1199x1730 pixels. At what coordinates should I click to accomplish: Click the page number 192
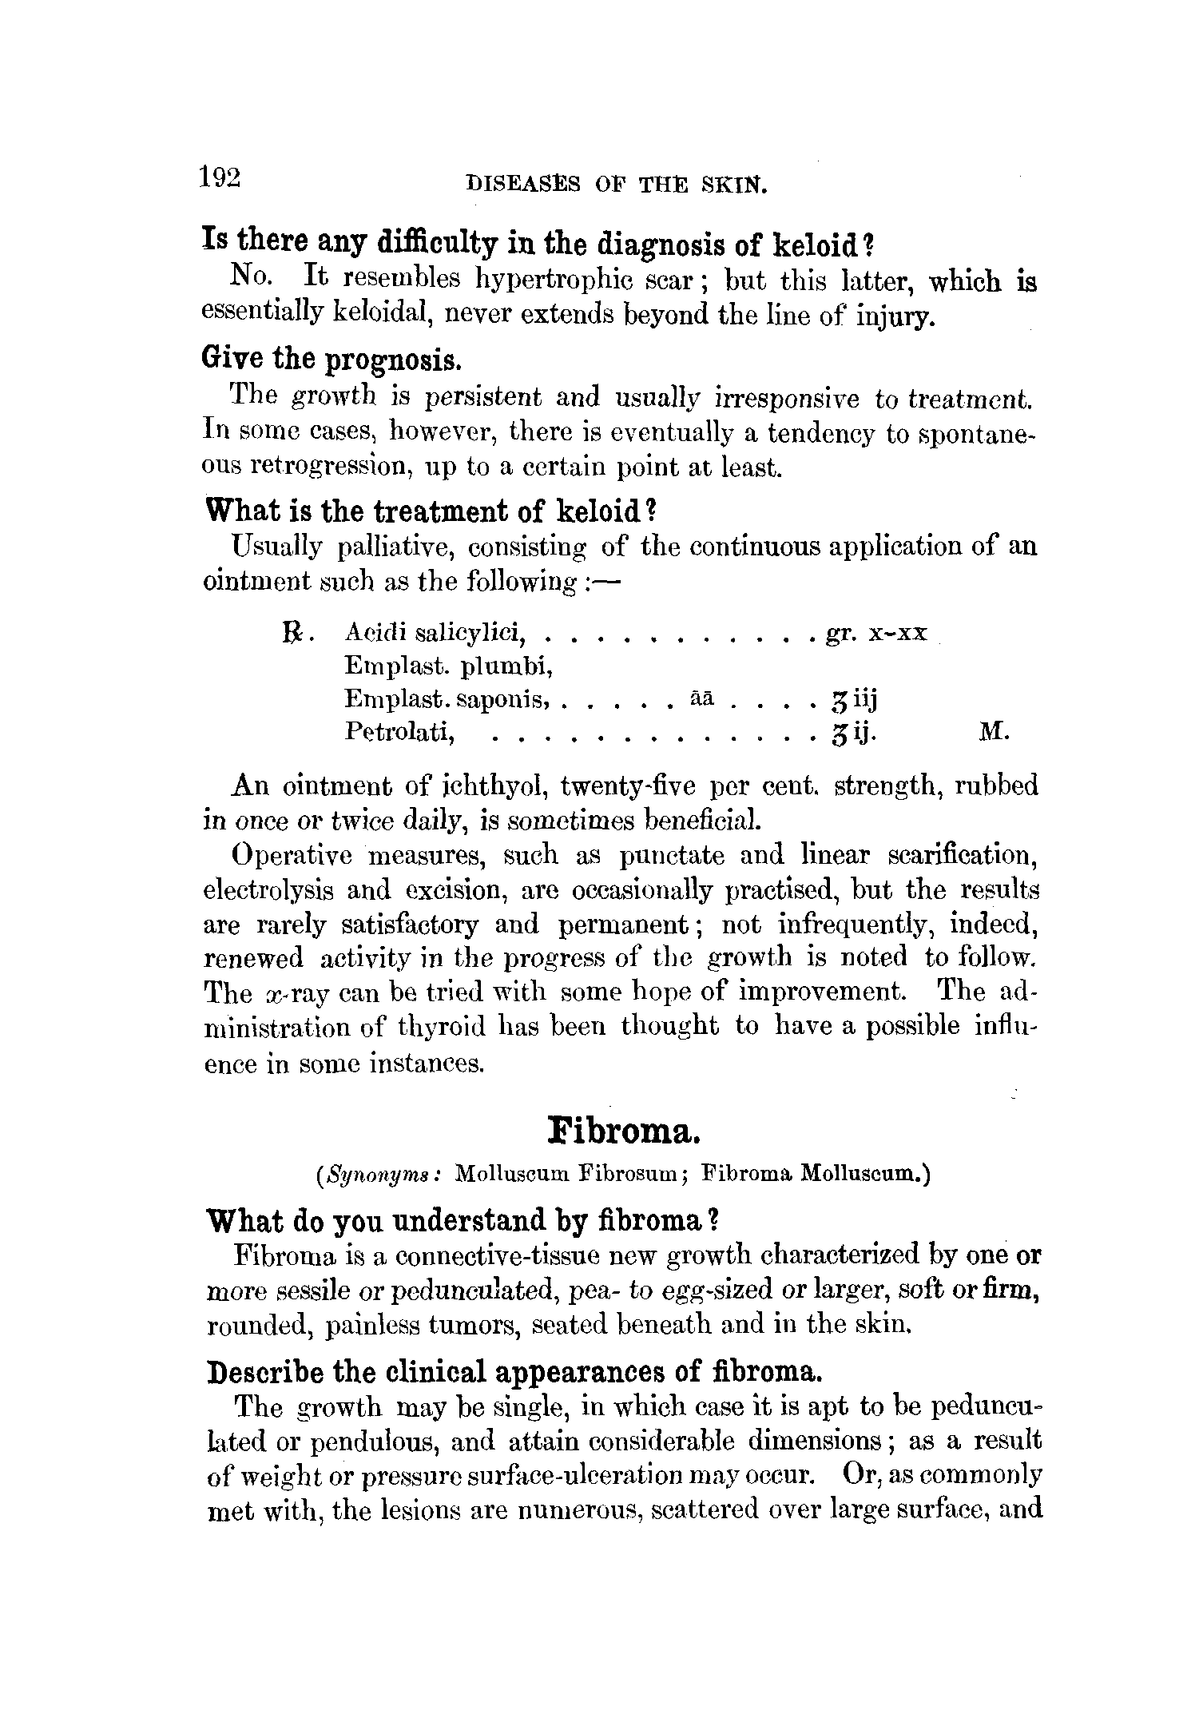click(220, 177)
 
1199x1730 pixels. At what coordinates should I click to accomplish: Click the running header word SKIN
click(734, 187)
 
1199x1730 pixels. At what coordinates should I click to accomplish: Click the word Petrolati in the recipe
click(399, 731)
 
